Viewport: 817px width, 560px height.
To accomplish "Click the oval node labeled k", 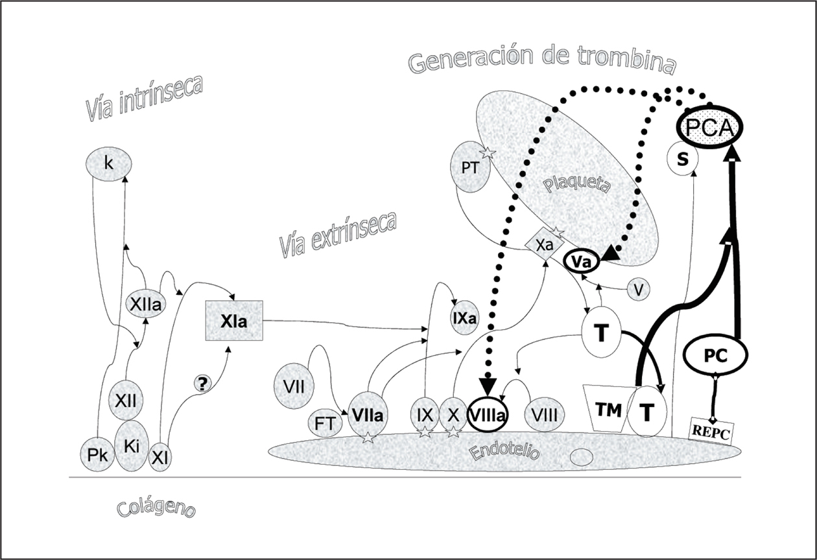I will coord(108,165).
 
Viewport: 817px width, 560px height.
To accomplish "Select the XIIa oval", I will coord(145,304).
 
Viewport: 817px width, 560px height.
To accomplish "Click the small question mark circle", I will coord(202,384).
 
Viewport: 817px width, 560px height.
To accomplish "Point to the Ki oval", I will coord(132,446).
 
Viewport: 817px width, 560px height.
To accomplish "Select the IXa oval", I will coord(464,318).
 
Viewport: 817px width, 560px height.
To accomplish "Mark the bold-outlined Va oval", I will coord(582,261).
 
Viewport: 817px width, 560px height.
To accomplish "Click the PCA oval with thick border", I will coord(709,128).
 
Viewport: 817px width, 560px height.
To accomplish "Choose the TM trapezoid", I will coord(608,410).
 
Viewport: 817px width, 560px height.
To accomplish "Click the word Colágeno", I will coord(156,507).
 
